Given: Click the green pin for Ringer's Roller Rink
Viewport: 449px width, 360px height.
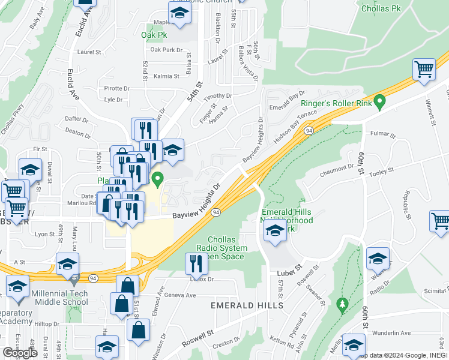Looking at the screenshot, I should click(x=379, y=103).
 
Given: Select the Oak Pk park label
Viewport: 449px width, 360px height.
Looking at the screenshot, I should click(x=154, y=35).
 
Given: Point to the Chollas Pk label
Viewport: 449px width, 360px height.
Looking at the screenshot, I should click(x=381, y=9).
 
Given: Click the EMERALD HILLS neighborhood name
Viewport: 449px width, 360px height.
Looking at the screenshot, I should click(x=247, y=305).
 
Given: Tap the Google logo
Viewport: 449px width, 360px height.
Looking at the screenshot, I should click(x=19, y=353).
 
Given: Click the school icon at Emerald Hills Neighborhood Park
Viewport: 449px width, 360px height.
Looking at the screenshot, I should click(x=275, y=232).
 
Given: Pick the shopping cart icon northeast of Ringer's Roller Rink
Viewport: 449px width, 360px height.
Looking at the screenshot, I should click(x=424, y=70).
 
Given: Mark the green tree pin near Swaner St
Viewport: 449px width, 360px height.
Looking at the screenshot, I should click(x=342, y=305).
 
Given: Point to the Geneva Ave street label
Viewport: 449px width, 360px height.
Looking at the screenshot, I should click(x=181, y=295).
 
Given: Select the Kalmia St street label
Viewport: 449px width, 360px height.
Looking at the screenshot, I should click(x=166, y=76).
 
